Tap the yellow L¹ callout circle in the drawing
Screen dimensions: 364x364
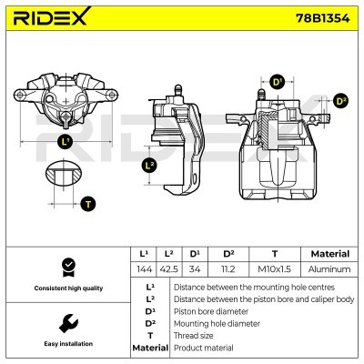click(65, 142)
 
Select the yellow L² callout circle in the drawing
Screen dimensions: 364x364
click(150, 166)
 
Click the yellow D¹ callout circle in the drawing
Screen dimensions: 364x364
click(278, 83)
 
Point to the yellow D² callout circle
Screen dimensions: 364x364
click(340, 101)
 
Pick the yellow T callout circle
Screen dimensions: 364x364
click(87, 204)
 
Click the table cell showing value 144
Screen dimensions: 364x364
click(143, 269)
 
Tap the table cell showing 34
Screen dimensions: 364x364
click(195, 269)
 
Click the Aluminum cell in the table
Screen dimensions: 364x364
click(329, 269)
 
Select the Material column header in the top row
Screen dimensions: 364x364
click(329, 254)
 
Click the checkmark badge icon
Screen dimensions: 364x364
click(66, 266)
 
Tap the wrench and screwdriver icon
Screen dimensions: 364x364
click(66, 323)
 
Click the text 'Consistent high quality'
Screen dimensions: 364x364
click(66, 288)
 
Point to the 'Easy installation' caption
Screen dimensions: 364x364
click(66, 345)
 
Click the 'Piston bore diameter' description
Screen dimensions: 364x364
click(210, 310)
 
